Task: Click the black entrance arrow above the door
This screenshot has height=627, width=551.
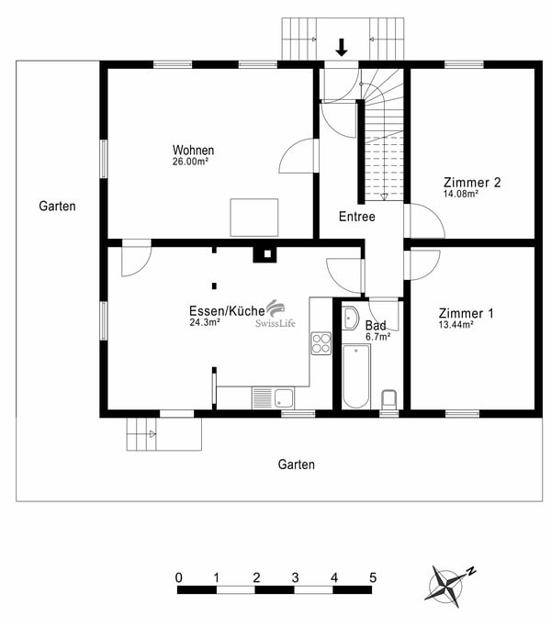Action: point(342,47)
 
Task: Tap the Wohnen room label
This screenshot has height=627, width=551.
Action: point(193,150)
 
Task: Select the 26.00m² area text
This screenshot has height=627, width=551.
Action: point(190,162)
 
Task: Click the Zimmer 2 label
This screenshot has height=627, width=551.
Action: point(472,183)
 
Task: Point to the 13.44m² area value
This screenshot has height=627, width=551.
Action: point(456,324)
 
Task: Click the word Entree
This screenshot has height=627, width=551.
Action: point(357,217)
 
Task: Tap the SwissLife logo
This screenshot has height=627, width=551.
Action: point(275,314)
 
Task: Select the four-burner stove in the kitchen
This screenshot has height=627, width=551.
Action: point(320,343)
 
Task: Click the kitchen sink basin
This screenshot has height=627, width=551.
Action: point(284,397)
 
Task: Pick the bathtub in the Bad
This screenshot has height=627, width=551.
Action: point(356,376)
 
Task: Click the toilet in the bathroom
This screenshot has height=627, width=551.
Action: point(389,399)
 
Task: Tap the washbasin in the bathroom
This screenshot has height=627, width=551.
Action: point(351,319)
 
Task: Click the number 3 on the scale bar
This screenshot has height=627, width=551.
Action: point(296,577)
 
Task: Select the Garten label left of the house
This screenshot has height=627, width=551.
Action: point(57,206)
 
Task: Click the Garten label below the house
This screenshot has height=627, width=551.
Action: point(296,465)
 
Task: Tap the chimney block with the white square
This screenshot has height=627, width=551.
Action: point(264,254)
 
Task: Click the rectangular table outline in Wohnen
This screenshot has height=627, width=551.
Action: point(254,218)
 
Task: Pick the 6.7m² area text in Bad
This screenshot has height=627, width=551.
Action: point(377,337)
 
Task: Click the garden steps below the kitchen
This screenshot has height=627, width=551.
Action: point(164,434)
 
